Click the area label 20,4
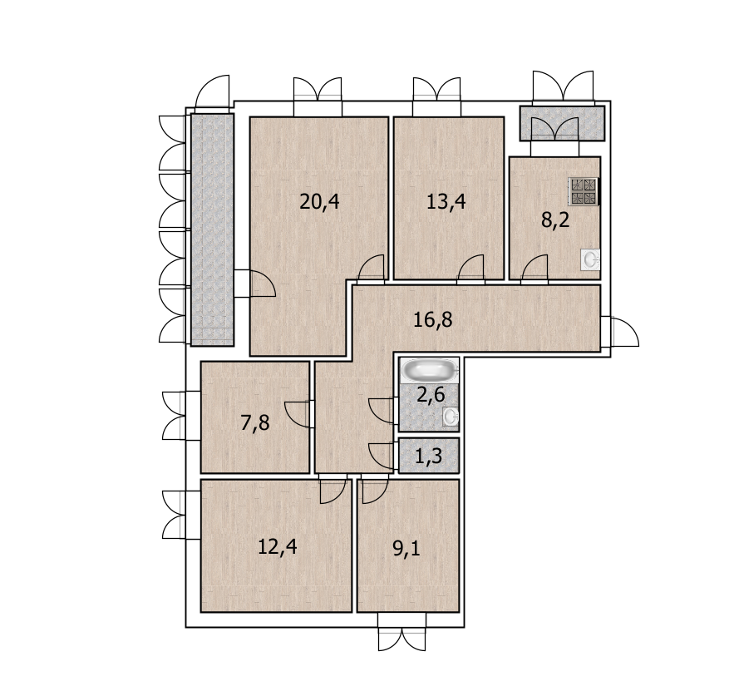pyautogui.click(x=319, y=202)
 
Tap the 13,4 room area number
pyautogui.click(x=446, y=202)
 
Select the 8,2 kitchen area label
pyautogui.click(x=555, y=220)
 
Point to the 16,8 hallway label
pyautogui.click(x=433, y=319)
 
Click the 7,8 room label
pyautogui.click(x=255, y=423)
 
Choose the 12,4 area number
pyautogui.click(x=277, y=546)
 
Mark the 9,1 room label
pyautogui.click(x=406, y=549)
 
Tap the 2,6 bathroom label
pyautogui.click(x=431, y=395)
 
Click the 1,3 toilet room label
pyautogui.click(x=428, y=457)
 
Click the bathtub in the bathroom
pyautogui.click(x=429, y=371)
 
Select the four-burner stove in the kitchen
pyautogui.click(x=583, y=191)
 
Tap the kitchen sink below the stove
pyautogui.click(x=590, y=259)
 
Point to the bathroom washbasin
pyautogui.click(x=450, y=417)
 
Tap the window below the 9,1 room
pyautogui.click(x=401, y=632)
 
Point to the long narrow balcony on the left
pyautogui.click(x=213, y=230)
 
